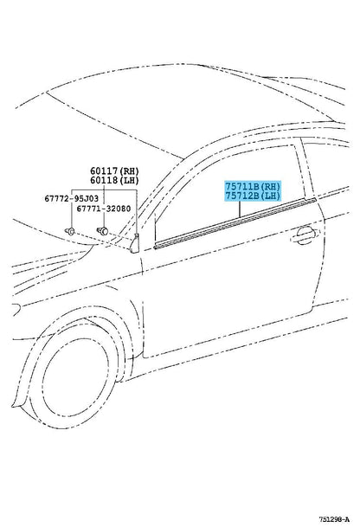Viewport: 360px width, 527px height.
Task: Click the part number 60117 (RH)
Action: [x=114, y=171]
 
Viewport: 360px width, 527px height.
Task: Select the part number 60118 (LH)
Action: [x=114, y=181]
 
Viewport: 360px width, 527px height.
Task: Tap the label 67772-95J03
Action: [x=72, y=199]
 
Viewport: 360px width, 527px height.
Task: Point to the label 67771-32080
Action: [x=104, y=209]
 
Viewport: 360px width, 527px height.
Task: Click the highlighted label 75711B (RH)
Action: [x=253, y=186]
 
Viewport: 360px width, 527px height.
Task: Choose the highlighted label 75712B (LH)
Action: [x=253, y=196]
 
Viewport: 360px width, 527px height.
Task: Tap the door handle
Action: [x=304, y=235]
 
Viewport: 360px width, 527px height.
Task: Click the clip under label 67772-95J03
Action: [x=70, y=231]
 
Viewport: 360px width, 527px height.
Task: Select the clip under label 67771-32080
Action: [x=102, y=231]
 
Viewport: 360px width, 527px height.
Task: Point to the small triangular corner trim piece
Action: [x=135, y=243]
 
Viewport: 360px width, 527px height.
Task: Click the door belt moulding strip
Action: [x=235, y=223]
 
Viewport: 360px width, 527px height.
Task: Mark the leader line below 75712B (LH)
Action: [x=240, y=209]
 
